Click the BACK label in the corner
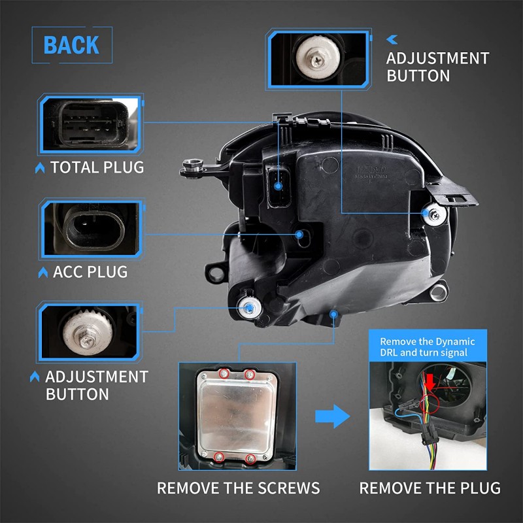tap(71, 45)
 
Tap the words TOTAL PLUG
tap(97, 167)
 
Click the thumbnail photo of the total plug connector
tap(90, 124)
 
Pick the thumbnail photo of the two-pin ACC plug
tap(90, 229)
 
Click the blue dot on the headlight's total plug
tap(277, 186)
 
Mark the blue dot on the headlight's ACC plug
tap(299, 233)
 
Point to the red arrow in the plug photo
tap(430, 382)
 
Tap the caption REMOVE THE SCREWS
tap(238, 488)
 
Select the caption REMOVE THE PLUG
tap(430, 488)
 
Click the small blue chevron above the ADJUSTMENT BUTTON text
tap(394, 39)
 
